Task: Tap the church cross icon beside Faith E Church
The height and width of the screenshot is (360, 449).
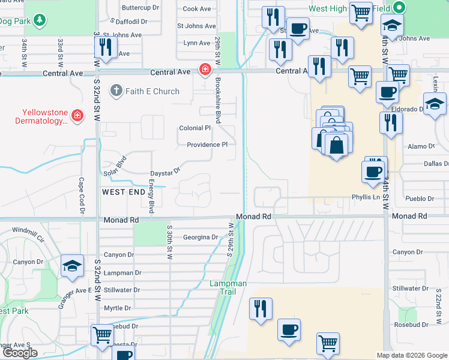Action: [116, 91]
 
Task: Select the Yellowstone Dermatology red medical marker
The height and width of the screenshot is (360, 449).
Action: [76, 116]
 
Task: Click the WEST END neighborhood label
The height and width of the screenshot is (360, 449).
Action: [123, 192]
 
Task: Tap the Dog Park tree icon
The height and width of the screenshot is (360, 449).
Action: [39, 20]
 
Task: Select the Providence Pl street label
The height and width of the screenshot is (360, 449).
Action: [207, 145]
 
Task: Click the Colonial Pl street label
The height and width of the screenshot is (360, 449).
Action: [195, 128]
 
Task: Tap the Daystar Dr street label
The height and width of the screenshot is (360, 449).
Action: [165, 171]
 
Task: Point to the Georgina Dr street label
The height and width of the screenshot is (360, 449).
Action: [200, 237]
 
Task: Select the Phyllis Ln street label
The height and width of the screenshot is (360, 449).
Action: [366, 197]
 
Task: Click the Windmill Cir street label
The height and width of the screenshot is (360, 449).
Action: [28, 230]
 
